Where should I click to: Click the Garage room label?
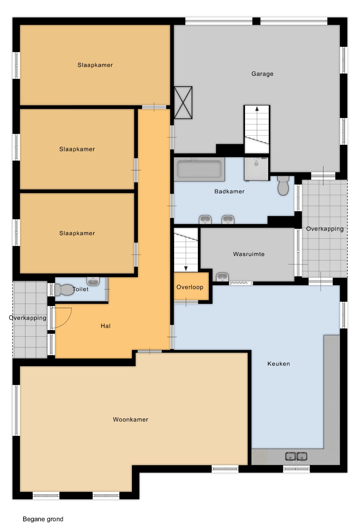click(262, 74)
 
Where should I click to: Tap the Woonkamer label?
click(131, 419)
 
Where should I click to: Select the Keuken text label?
click(279, 364)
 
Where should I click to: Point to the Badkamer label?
click(229, 191)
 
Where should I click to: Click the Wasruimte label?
click(249, 254)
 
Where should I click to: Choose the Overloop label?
click(190, 287)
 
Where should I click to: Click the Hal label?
click(106, 326)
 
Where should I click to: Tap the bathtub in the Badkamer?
click(199, 169)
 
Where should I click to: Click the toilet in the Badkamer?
click(283, 185)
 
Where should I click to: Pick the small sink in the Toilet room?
click(93, 281)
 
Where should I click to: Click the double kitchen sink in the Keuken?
click(296, 457)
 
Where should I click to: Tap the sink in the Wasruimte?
click(222, 277)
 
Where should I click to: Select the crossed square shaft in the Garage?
click(183, 103)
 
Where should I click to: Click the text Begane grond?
click(43, 519)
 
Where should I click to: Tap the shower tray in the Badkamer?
click(256, 169)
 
